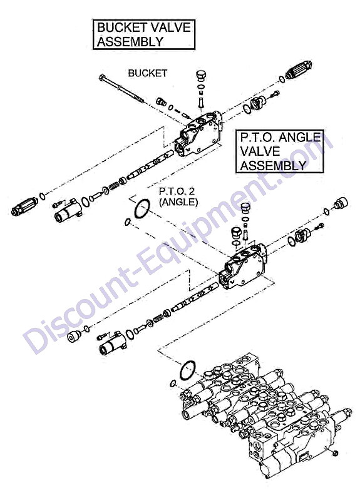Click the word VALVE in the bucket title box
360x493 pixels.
171,28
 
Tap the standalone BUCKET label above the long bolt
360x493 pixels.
148,73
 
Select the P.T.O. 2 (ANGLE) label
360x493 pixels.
178,197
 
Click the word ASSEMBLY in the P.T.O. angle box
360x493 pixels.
273,165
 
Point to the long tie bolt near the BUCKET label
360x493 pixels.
121,89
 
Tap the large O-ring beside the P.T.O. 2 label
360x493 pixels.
142,208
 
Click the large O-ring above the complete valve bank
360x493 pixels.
187,370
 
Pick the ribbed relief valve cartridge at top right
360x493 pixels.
298,70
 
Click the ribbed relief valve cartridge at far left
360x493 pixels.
24,206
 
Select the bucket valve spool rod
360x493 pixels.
150,165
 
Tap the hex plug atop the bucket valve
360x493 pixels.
200,76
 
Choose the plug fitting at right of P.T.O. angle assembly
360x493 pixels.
341,203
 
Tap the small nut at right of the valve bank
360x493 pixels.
336,453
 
